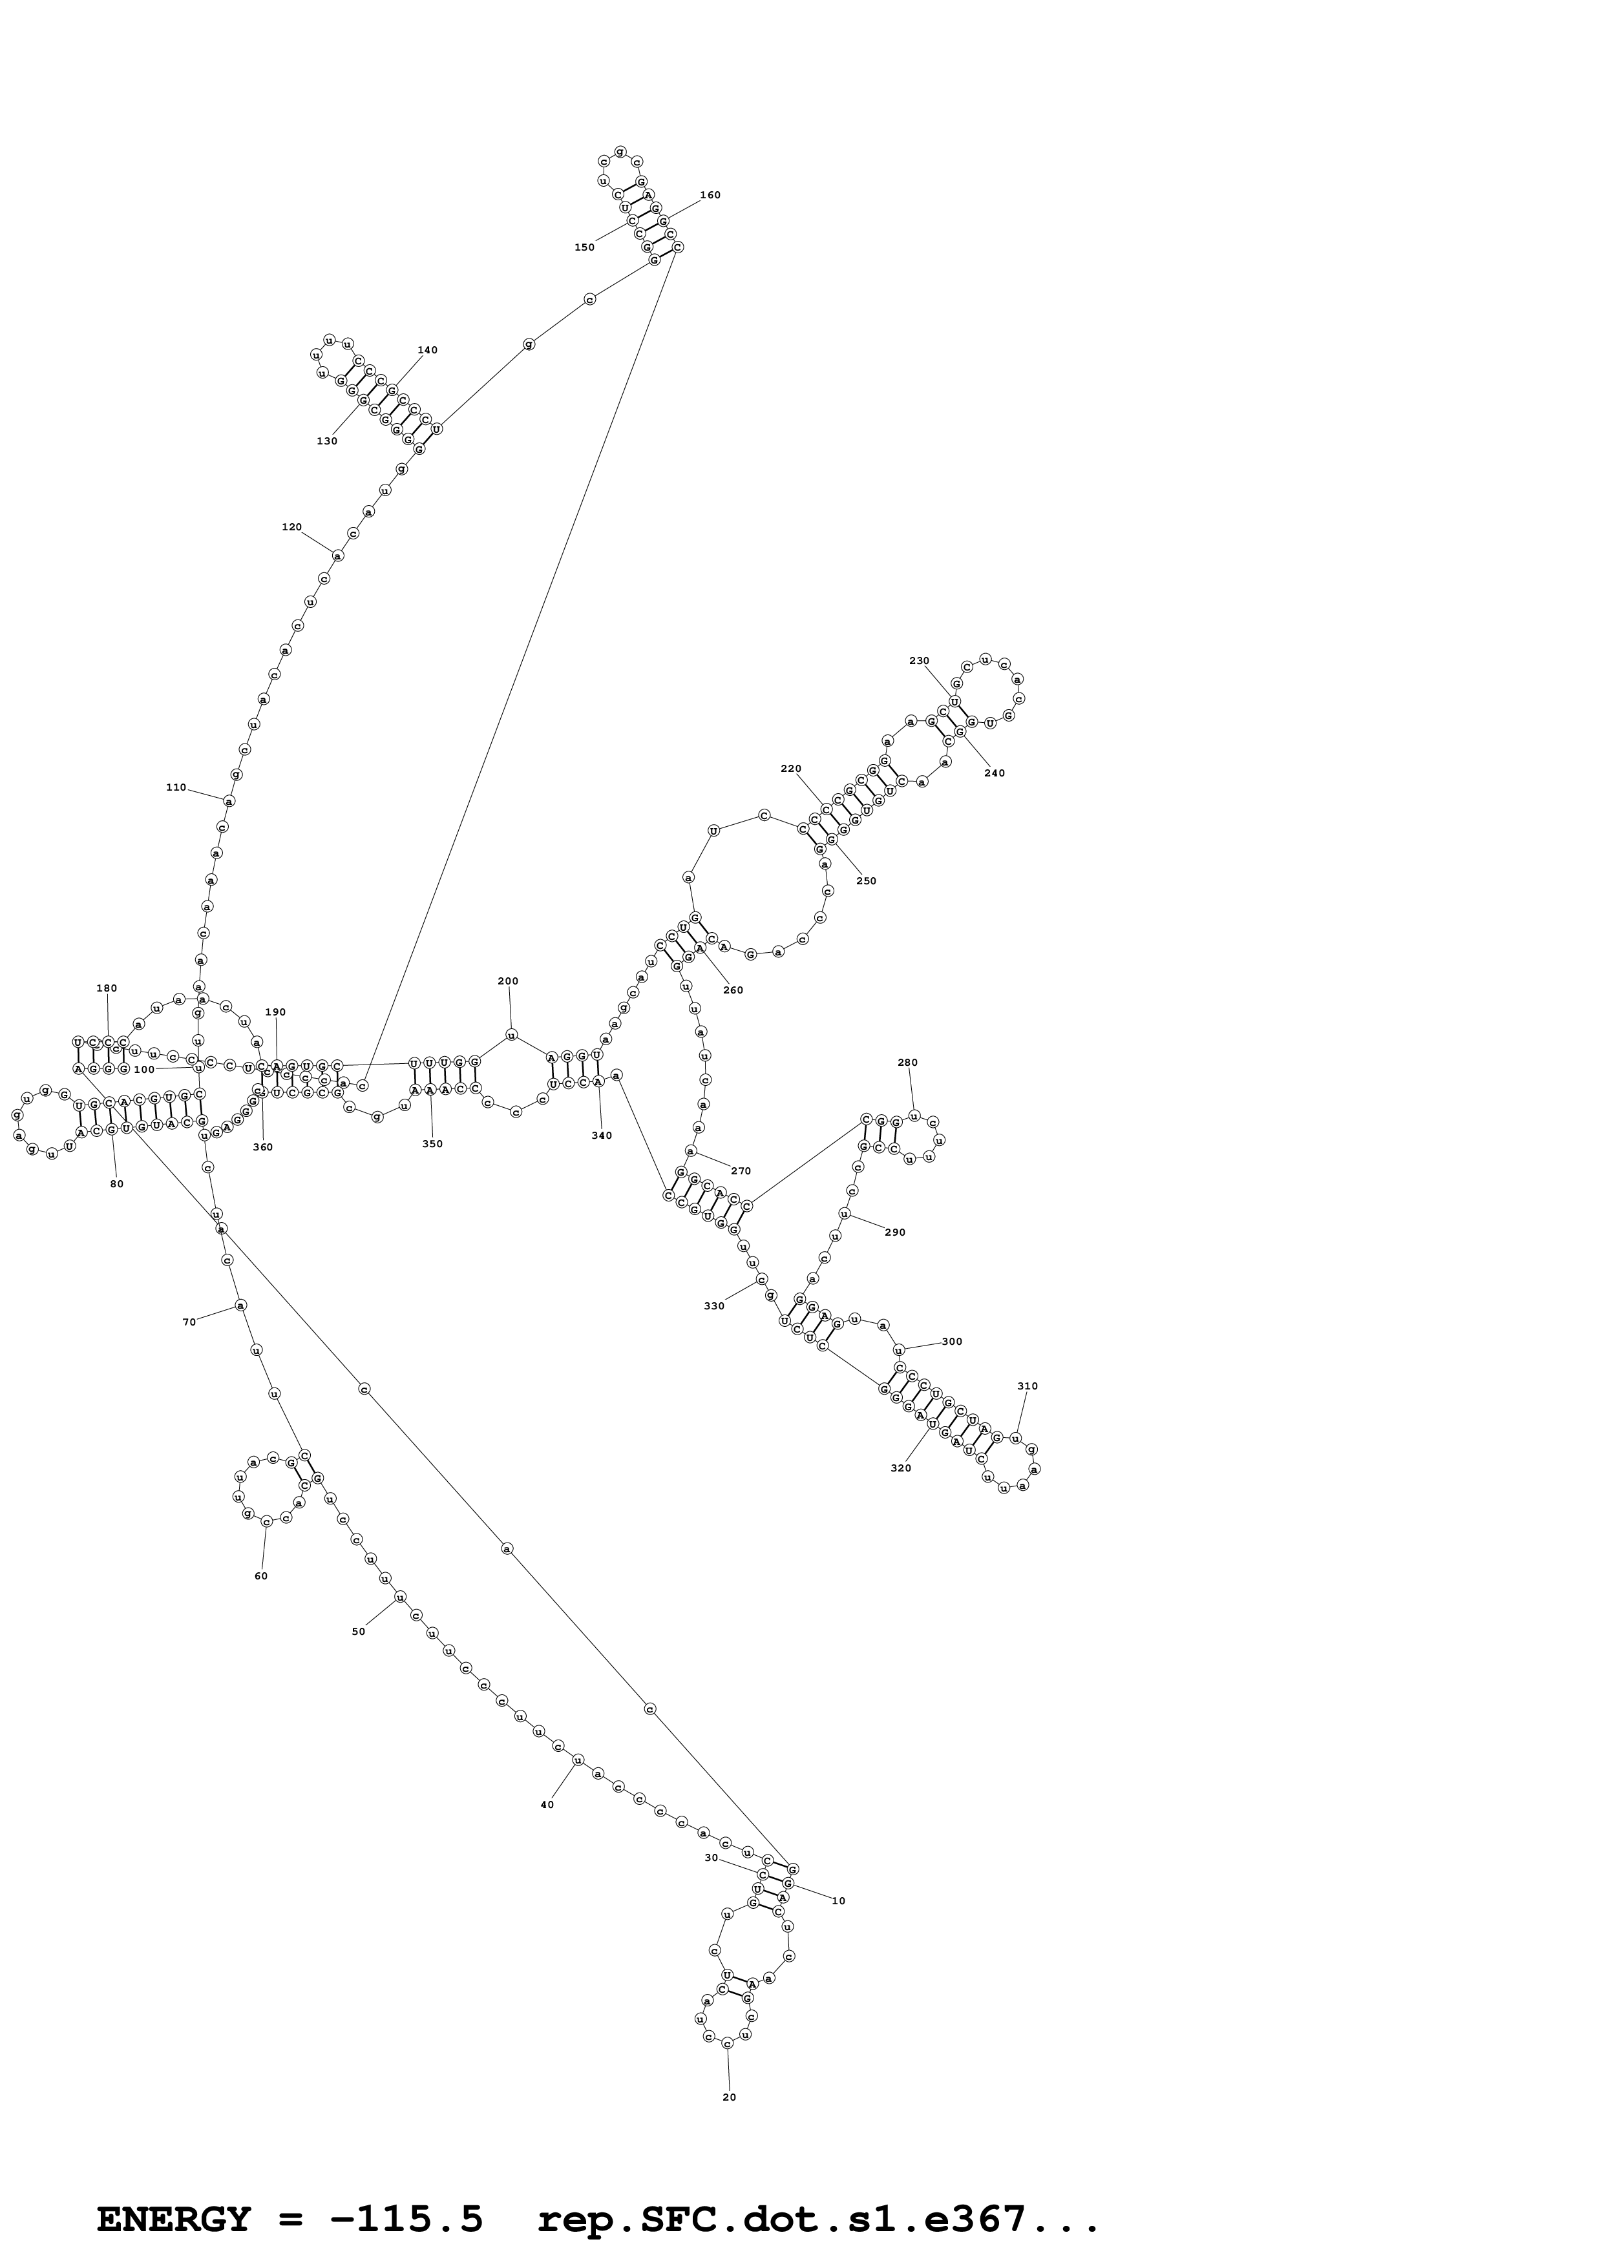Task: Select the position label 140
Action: point(427,350)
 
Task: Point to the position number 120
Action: point(291,527)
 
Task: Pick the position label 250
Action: point(866,881)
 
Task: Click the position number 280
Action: point(907,1063)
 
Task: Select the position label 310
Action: point(1028,1387)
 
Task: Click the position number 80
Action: point(116,1184)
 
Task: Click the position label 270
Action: point(741,1172)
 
